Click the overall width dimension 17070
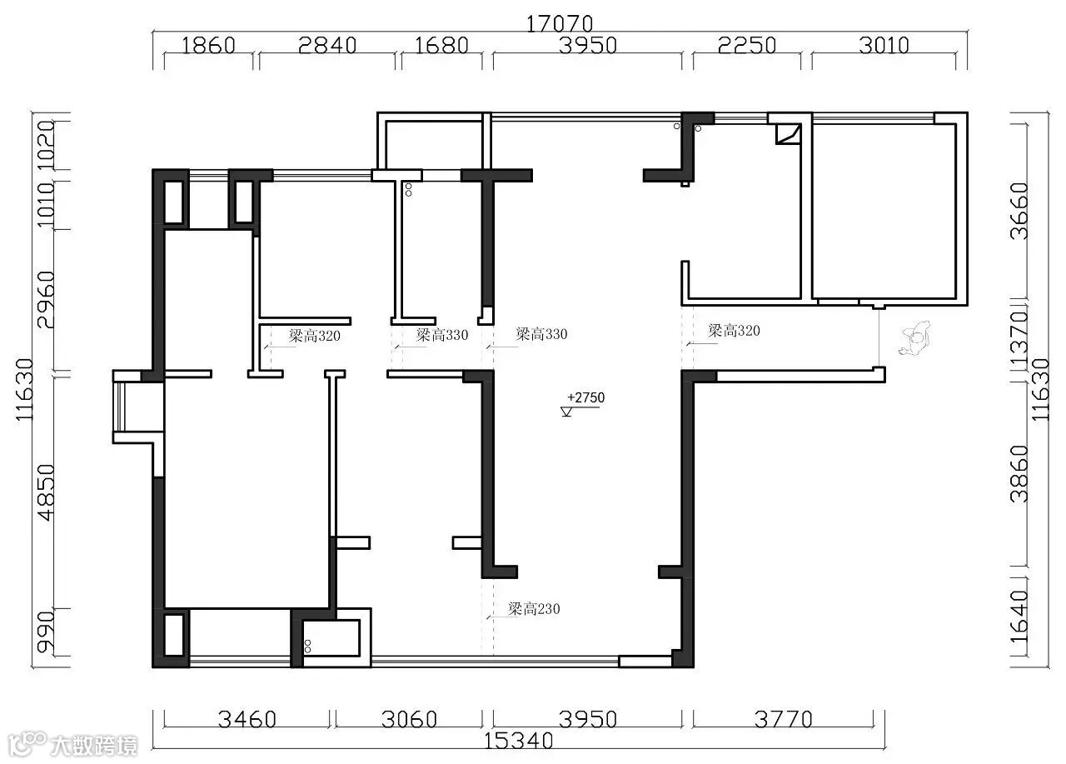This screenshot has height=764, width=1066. click(x=560, y=24)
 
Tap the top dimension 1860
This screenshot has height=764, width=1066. click(x=208, y=46)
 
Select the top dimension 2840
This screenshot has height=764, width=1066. click(x=327, y=46)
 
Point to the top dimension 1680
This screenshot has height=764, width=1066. click(x=441, y=46)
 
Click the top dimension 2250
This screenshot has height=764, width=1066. click(x=747, y=46)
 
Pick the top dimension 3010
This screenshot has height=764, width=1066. click(x=884, y=46)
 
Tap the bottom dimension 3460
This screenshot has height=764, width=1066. click(x=247, y=719)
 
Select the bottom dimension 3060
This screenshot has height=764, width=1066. click(x=409, y=719)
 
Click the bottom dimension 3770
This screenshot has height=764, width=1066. click(x=784, y=719)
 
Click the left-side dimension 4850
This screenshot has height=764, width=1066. click(x=46, y=492)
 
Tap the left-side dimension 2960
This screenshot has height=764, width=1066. click(x=46, y=300)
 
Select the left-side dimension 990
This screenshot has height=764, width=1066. click(x=46, y=632)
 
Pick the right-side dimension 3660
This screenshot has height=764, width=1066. click(x=1020, y=212)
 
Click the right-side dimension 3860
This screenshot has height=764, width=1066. click(x=1020, y=474)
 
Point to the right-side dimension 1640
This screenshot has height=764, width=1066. click(x=1020, y=617)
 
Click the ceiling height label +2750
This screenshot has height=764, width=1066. click(x=585, y=397)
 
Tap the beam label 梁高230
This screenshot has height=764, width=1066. click(x=534, y=609)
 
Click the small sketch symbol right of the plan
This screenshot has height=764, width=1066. click(x=914, y=338)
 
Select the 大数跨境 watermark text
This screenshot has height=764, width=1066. click(x=94, y=746)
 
